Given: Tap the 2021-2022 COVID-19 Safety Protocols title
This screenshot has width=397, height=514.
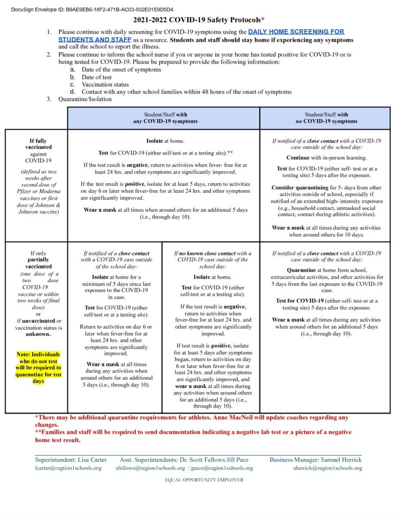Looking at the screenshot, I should click(x=199, y=20).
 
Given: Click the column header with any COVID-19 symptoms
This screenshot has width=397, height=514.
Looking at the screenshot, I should click(x=164, y=117).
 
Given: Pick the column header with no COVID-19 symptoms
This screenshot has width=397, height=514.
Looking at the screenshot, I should click(x=325, y=117).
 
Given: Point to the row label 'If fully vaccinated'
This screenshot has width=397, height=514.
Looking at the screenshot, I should click(x=38, y=144).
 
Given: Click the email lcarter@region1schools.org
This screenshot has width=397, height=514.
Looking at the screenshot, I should click(x=68, y=468).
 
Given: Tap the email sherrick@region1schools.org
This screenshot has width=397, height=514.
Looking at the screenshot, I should click(x=327, y=468).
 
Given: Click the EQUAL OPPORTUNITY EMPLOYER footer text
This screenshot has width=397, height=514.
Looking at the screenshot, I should click(x=204, y=480).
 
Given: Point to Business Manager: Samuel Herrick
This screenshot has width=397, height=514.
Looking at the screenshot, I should click(x=315, y=459).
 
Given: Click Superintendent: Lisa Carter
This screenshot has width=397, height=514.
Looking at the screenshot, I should click(x=71, y=459).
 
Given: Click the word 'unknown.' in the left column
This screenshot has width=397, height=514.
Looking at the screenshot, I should click(x=38, y=334).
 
